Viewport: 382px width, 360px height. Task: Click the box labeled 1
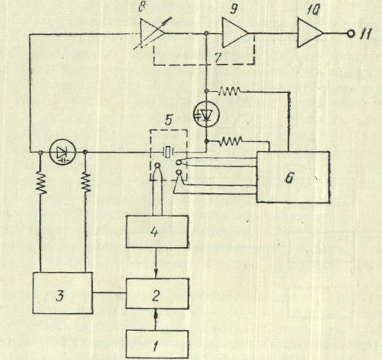pyautogui.click(x=157, y=344)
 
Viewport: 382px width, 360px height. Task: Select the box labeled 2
pyautogui.click(x=157, y=293)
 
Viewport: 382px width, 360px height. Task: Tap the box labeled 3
pyautogui.click(x=63, y=293)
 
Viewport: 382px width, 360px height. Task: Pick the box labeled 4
pyautogui.click(x=157, y=231)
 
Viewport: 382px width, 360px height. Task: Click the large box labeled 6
pyautogui.click(x=293, y=177)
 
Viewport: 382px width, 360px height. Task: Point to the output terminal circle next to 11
pyautogui.click(x=351, y=33)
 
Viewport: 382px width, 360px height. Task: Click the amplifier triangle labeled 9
pyautogui.click(x=235, y=33)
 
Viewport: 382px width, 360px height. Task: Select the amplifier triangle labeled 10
pyautogui.click(x=310, y=33)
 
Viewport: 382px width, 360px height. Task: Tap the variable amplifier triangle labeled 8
pyautogui.click(x=153, y=33)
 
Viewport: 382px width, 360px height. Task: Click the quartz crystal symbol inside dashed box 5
pyautogui.click(x=168, y=153)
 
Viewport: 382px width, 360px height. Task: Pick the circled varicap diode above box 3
pyautogui.click(x=63, y=153)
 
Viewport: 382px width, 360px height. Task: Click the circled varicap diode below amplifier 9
pyautogui.click(x=206, y=114)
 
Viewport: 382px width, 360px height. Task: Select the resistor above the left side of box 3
pyautogui.click(x=41, y=183)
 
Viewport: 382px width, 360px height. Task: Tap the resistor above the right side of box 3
pyautogui.click(x=85, y=183)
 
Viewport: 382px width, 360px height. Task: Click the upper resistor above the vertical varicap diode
pyautogui.click(x=229, y=91)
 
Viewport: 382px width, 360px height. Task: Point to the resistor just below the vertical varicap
pyautogui.click(x=231, y=141)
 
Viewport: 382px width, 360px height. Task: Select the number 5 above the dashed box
pyautogui.click(x=169, y=120)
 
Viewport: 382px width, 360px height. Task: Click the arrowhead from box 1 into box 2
pyautogui.click(x=157, y=315)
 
